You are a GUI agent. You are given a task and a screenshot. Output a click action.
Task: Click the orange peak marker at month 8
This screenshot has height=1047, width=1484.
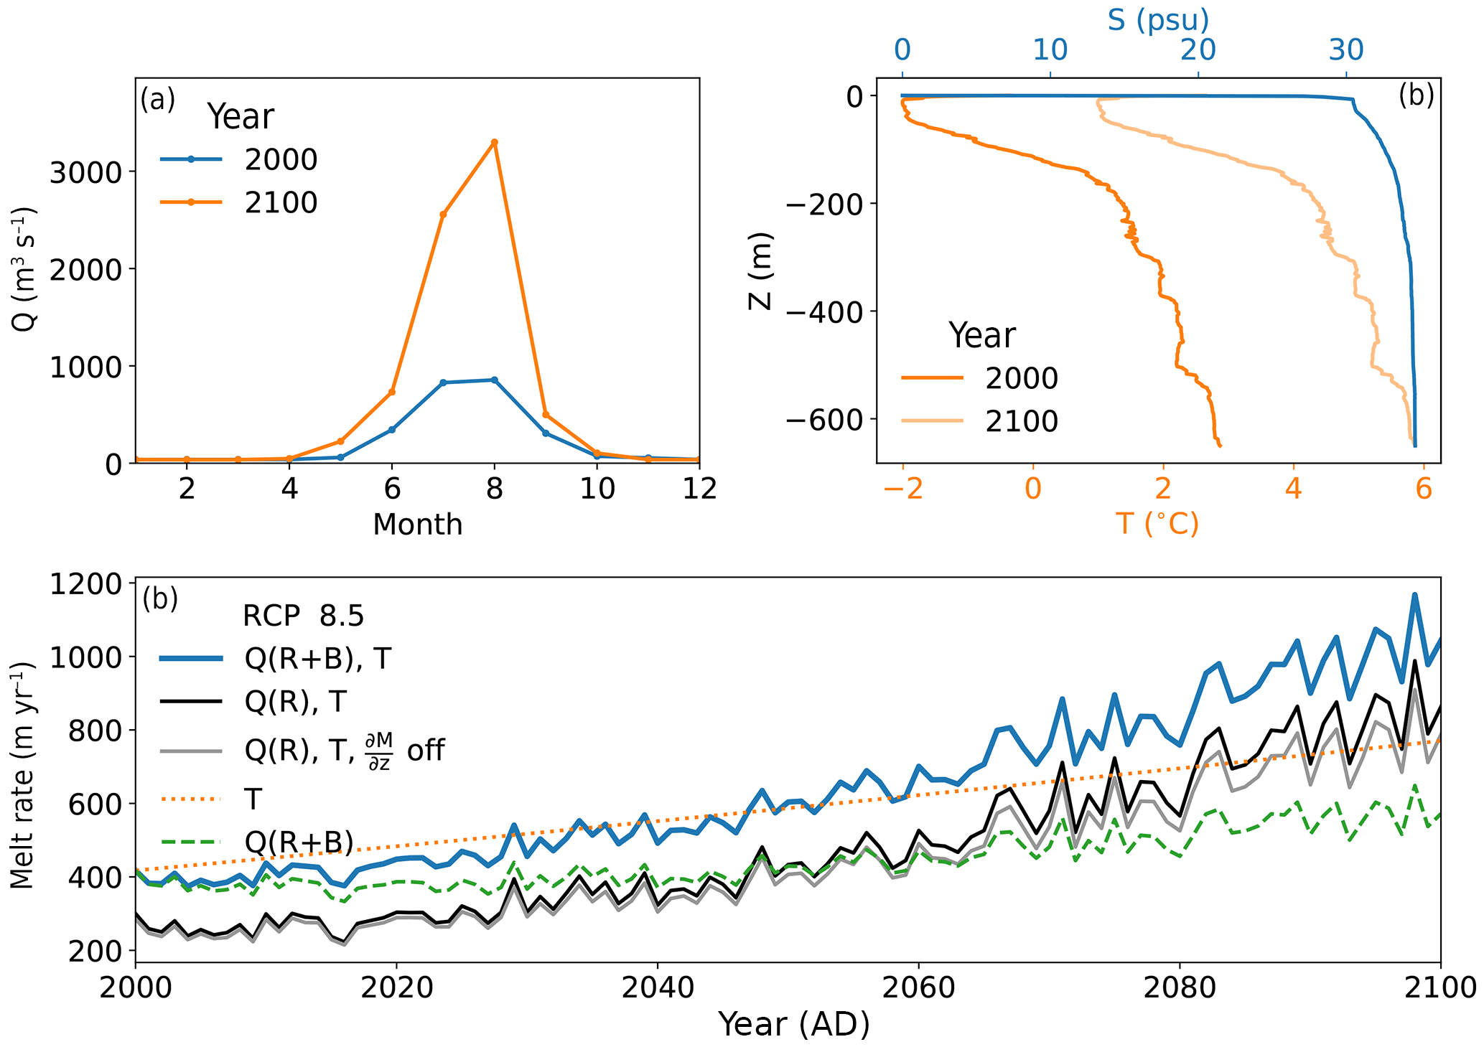coord(494,142)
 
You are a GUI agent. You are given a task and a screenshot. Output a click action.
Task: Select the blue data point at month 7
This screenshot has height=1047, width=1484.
coord(443,382)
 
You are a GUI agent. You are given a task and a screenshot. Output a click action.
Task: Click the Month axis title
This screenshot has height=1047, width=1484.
coord(417,525)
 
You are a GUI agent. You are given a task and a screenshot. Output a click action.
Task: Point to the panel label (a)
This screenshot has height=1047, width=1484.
coord(158,99)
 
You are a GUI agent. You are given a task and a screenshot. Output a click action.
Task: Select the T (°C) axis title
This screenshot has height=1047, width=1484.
coord(1157,524)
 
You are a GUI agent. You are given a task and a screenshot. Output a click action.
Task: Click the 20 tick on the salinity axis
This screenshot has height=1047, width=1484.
coord(1198,50)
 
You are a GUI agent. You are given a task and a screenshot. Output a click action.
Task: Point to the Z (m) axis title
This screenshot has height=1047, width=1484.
coord(760,271)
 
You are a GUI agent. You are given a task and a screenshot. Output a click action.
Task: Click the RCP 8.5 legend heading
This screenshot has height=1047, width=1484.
coord(303,616)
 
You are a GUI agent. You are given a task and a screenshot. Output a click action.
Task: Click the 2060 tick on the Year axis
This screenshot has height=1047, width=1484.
coord(918,987)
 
